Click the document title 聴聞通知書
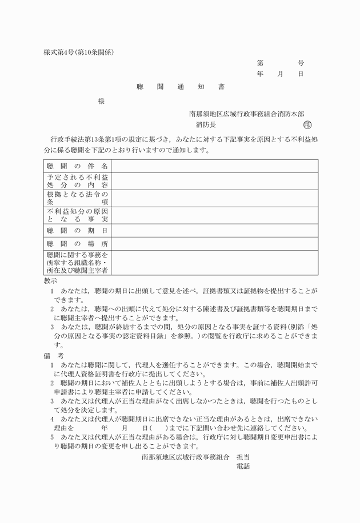pos(180,87)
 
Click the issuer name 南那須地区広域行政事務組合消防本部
pos(246,114)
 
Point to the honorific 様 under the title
pos(101,101)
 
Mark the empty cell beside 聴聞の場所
pos(214,244)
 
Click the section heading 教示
pos(50,281)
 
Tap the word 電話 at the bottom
pos(243,466)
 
